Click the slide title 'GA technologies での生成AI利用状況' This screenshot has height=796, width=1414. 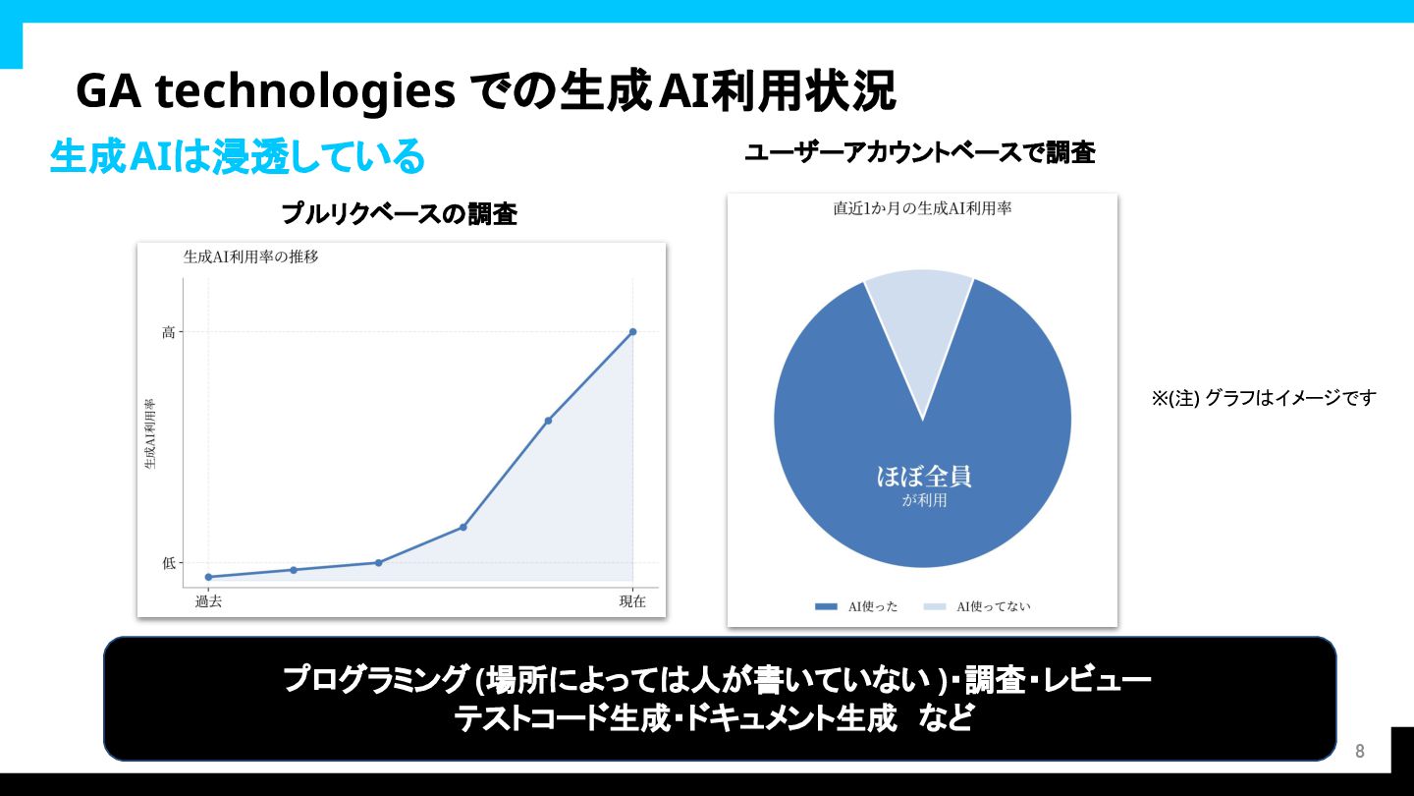pos(485,91)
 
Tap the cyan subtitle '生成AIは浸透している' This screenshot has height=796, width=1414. pos(237,156)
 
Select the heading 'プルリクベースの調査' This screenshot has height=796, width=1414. pos(399,214)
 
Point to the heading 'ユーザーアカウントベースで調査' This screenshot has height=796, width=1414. pos(920,153)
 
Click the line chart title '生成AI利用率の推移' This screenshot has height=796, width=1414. pos(250,256)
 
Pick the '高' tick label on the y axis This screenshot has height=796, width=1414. pos(169,332)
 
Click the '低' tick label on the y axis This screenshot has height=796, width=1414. pos(169,563)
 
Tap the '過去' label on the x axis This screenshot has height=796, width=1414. pos(208,601)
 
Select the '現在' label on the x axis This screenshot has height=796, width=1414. pos(632,601)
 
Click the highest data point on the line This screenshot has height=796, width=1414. pos(633,332)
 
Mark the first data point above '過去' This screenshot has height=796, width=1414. pos(208,577)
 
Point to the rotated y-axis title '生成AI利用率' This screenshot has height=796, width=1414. pos(149,433)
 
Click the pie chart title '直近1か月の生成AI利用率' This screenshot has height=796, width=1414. pos(922,208)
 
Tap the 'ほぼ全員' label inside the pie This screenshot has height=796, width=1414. pos(923,477)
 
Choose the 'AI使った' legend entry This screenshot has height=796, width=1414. pos(856,606)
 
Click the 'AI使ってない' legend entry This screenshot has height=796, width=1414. pos(977,606)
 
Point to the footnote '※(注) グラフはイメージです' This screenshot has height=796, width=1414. pos(1264,398)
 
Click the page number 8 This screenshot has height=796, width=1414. pos(1360,751)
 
